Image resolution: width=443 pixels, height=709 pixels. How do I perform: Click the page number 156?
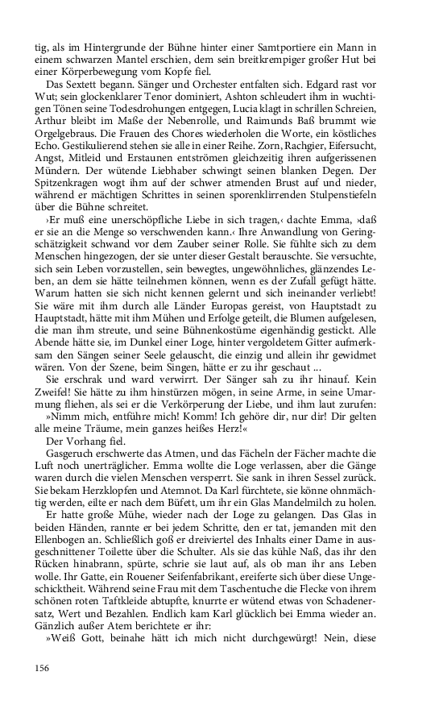43,668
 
